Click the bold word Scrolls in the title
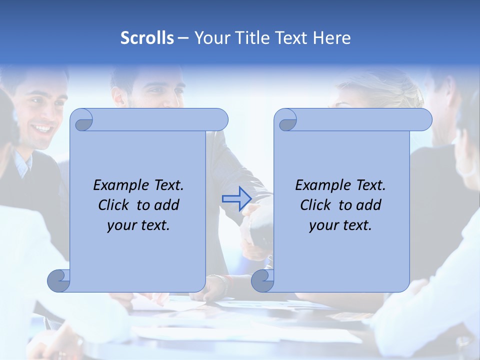(x=147, y=38)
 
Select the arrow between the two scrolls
(x=236, y=198)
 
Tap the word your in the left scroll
(x=121, y=225)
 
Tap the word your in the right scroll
(x=323, y=225)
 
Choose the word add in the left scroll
(x=167, y=205)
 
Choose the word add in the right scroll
(x=369, y=205)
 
